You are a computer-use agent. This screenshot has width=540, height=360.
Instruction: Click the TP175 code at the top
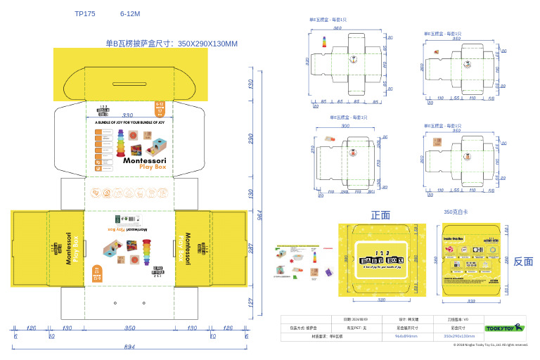(84, 13)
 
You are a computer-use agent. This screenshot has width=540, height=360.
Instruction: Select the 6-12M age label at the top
(130, 13)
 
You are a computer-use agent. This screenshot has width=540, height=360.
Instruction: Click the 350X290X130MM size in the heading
(207, 44)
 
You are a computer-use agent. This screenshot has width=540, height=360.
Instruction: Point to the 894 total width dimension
(129, 347)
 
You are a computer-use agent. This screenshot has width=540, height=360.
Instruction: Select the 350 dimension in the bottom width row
(129, 328)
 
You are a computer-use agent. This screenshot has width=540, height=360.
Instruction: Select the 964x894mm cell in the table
(406, 336)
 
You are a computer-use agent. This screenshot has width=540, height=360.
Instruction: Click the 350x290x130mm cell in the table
(459, 336)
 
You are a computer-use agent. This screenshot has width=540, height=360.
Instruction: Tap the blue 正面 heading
(380, 215)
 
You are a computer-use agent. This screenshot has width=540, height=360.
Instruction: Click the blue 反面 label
(523, 262)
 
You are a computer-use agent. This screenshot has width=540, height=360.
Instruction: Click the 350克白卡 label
(456, 212)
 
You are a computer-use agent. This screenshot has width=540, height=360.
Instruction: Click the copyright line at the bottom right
(490, 345)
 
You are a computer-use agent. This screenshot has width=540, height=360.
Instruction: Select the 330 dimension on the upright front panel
(128, 115)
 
